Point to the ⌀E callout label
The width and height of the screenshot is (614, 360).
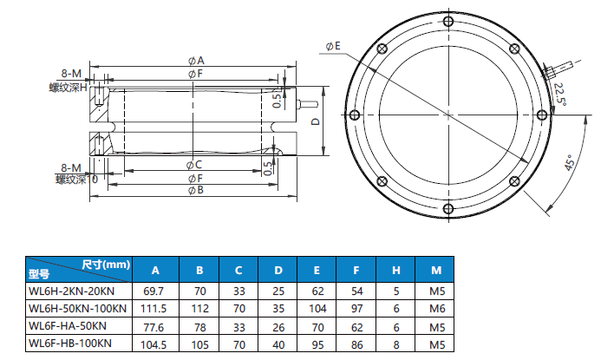334,45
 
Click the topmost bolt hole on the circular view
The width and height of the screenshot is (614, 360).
447,23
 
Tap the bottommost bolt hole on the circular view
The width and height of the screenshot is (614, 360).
447,209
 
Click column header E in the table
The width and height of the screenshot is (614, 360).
317,269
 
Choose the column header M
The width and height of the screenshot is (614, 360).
436,269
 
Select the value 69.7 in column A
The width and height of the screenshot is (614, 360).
155,288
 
